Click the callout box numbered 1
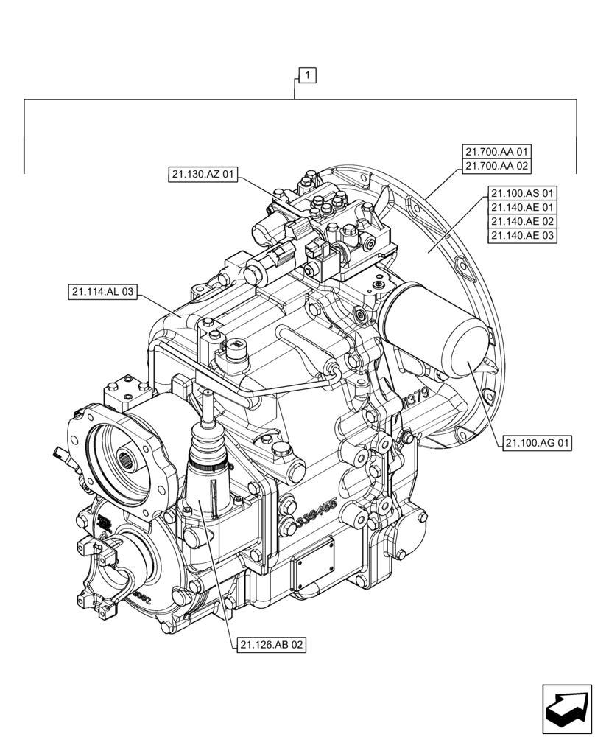tap(307, 74)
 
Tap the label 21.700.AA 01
tap(498, 152)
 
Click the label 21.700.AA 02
tap(498, 167)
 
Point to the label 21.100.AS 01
tap(523, 193)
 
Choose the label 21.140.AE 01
tap(523, 208)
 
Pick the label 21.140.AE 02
tap(523, 222)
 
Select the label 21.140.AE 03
tap(523, 236)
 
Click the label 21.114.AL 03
tap(103, 293)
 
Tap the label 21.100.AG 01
tap(538, 443)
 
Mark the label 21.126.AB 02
tap(272, 645)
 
